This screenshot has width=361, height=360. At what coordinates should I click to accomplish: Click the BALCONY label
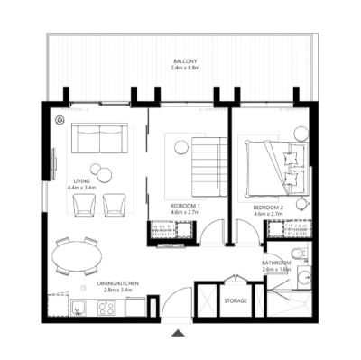tap(186, 61)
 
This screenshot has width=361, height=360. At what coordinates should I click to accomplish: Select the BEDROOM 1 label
tap(184, 206)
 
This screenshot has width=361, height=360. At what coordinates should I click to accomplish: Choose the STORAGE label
tap(236, 300)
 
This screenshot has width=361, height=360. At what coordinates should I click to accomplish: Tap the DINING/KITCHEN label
tap(120, 283)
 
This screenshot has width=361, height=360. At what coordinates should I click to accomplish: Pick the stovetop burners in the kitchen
tap(107, 308)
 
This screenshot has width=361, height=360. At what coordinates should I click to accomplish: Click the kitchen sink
tap(79, 309)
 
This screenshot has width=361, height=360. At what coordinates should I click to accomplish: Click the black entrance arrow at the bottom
tap(179, 334)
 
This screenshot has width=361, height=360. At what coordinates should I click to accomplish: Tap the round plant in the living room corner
tap(60, 120)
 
